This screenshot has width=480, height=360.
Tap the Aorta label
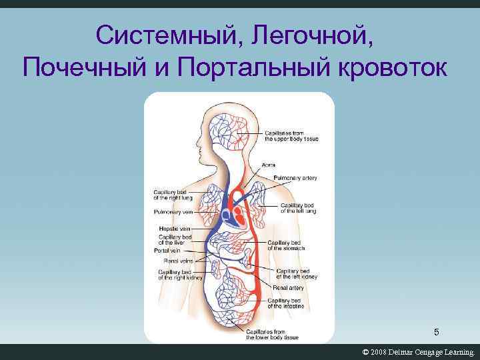(269, 165)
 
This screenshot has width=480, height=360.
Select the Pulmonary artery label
(295, 178)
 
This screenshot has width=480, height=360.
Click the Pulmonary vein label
(173, 212)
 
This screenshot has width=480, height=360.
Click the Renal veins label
(178, 261)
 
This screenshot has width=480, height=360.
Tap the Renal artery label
(288, 287)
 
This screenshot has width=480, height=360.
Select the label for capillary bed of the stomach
(286, 245)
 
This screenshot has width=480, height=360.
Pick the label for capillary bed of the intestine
(286, 303)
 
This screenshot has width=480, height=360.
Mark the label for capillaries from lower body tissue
(265, 335)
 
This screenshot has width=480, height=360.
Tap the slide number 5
(437, 332)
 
